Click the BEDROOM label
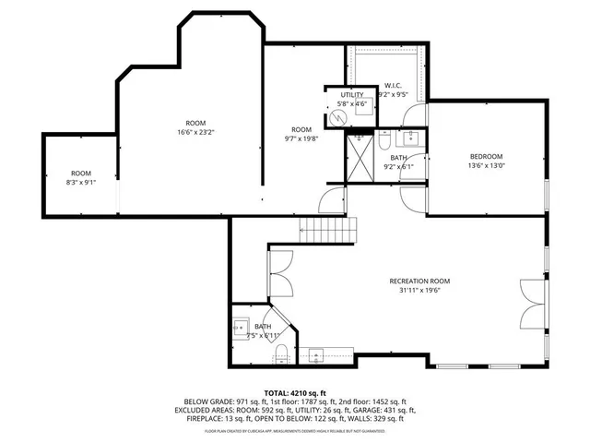486,156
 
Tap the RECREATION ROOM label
419,281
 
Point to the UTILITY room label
351,95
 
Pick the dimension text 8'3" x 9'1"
81,183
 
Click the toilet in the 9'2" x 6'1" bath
385,141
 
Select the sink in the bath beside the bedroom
412,139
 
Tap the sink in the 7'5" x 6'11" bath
240,326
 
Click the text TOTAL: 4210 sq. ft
295,392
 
